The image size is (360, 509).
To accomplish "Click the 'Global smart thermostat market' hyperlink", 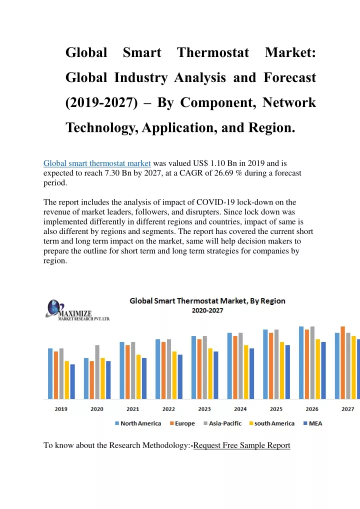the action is (97, 163).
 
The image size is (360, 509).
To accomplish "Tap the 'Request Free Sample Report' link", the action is (242, 445).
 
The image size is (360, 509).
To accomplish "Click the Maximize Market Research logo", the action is (77, 310).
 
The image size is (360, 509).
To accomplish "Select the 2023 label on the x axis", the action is (204, 409).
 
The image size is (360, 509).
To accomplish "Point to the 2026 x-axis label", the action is (312, 409).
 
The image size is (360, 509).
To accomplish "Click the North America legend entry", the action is (138, 423).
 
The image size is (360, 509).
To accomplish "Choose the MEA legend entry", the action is (312, 423).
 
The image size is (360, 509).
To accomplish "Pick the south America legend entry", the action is (271, 423).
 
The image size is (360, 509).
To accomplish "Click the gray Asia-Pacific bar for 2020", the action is (97, 372).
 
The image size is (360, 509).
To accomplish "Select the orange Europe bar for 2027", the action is (343, 362).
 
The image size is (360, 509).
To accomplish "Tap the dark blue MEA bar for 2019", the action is (72, 382).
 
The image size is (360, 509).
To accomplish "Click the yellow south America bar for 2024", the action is (246, 372).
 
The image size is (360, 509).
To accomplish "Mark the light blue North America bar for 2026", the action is (301, 362).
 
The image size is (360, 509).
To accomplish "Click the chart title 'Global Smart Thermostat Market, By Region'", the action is (207, 301).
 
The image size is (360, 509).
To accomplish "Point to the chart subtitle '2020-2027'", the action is (207, 310).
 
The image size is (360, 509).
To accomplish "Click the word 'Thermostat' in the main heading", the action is (213, 52).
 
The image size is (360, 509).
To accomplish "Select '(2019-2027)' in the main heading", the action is (101, 103).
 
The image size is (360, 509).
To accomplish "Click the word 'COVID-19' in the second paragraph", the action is (215, 202).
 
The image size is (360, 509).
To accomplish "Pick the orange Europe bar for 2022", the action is (163, 370).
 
